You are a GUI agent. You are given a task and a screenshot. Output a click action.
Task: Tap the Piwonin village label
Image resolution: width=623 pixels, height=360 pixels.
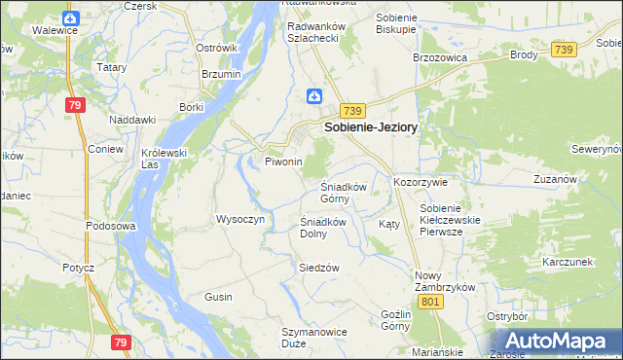284,162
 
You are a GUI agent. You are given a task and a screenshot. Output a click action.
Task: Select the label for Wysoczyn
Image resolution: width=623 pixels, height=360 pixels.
240,219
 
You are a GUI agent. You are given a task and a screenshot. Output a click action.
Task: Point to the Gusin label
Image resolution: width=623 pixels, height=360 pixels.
218,296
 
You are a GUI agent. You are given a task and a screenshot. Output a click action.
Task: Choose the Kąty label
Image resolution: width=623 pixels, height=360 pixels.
388,224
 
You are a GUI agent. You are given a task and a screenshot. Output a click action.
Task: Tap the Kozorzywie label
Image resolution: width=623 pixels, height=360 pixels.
420,182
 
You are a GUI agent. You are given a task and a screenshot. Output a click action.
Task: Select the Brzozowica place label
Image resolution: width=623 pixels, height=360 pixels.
441,58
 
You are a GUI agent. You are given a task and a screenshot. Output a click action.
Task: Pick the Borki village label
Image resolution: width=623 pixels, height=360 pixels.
191,107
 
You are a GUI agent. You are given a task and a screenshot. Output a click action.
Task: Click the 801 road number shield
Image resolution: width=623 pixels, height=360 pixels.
433,302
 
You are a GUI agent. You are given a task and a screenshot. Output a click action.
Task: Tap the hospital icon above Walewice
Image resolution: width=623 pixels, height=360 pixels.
69,18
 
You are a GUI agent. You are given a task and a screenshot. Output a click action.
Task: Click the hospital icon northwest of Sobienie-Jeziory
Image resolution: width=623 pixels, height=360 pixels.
314,95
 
